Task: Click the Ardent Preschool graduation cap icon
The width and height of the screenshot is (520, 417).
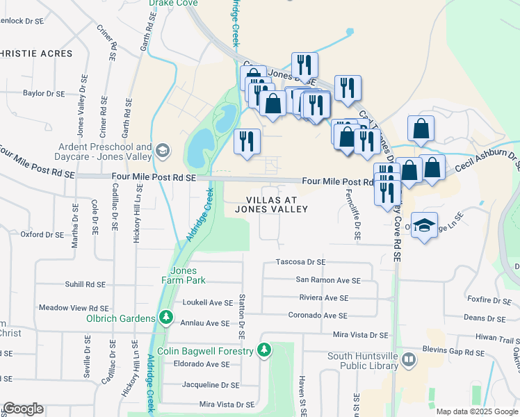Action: point(163,149)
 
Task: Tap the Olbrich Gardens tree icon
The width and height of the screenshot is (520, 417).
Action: point(165,318)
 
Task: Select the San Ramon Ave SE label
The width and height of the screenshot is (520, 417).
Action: point(328,280)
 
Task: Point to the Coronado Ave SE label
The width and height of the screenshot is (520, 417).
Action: point(317,316)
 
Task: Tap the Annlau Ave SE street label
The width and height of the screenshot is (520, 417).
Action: point(204,323)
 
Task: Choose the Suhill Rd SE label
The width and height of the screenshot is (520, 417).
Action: point(82,284)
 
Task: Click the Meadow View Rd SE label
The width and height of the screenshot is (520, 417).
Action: point(74,308)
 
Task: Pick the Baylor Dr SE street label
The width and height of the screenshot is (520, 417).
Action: point(43,93)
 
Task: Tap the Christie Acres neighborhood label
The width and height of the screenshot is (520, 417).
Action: point(36,54)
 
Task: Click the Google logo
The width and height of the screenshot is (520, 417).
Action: point(23,409)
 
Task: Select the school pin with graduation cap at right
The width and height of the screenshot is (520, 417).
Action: point(424,225)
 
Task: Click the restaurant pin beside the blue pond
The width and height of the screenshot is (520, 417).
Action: point(247,142)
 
